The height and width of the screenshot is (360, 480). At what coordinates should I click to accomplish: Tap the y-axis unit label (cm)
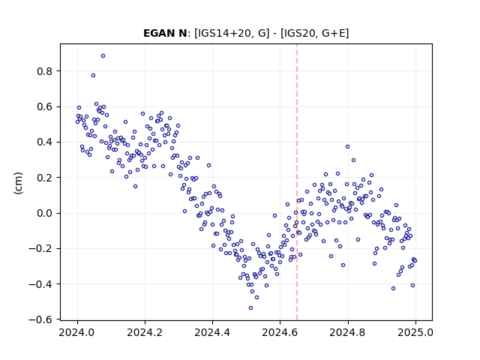[18, 183]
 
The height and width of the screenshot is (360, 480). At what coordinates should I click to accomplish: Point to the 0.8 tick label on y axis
[45, 71]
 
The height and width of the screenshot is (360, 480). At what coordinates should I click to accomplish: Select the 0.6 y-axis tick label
[45, 106]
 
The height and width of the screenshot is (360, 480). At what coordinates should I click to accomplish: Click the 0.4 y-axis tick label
[45, 142]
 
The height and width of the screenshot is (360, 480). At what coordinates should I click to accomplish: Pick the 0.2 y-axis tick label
[45, 178]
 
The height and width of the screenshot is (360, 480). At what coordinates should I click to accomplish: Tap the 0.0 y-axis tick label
[45, 213]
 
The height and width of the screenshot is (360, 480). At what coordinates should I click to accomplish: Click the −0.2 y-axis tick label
[40, 248]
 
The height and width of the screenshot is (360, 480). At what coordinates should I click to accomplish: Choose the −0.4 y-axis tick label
[40, 284]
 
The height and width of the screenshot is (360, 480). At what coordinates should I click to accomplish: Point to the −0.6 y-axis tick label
[40, 319]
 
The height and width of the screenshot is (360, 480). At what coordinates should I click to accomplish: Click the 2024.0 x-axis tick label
[77, 332]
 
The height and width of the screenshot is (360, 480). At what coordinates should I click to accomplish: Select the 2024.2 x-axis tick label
[145, 332]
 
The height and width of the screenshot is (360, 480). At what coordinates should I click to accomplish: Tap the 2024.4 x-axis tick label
[212, 332]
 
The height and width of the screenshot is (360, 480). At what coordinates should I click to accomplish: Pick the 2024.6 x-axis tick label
[280, 332]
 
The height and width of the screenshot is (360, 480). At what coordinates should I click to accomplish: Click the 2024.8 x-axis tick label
[347, 332]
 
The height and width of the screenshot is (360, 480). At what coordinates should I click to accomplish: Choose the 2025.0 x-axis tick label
[415, 332]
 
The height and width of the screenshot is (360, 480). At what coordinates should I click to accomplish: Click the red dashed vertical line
[297, 182]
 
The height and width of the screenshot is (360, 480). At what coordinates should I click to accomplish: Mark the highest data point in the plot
[103, 56]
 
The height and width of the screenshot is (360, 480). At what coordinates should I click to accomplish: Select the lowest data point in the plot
[250, 307]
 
